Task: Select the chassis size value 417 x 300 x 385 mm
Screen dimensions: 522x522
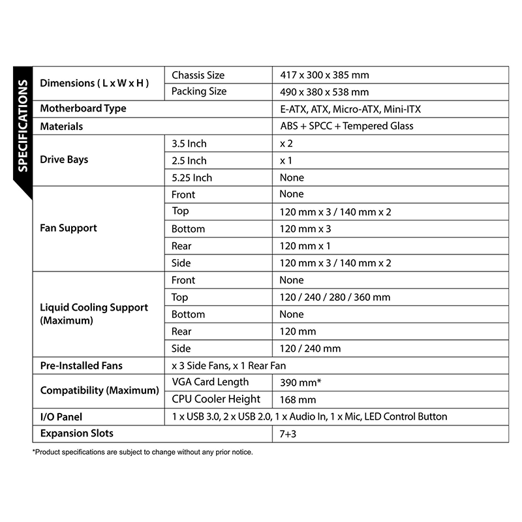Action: (x=324, y=76)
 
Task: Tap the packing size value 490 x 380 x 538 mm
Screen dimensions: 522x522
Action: (x=324, y=93)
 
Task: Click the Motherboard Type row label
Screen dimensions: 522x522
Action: (x=84, y=109)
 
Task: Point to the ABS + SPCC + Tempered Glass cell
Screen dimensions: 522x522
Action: (x=346, y=126)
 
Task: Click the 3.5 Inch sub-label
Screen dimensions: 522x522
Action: (x=189, y=144)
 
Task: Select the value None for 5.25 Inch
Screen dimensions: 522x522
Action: (x=292, y=177)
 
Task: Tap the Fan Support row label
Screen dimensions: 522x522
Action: (x=69, y=228)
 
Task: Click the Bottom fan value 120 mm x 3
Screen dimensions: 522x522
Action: (x=305, y=229)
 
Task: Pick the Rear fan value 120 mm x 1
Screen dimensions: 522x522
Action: (x=305, y=246)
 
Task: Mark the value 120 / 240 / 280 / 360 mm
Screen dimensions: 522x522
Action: (x=335, y=298)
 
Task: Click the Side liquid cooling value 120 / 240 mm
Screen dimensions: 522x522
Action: (x=310, y=348)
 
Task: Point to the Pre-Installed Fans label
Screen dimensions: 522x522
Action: (x=82, y=365)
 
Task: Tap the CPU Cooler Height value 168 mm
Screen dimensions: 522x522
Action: (x=298, y=399)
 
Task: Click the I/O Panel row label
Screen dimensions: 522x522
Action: (x=61, y=416)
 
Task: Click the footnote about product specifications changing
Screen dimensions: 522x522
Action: (x=142, y=452)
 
